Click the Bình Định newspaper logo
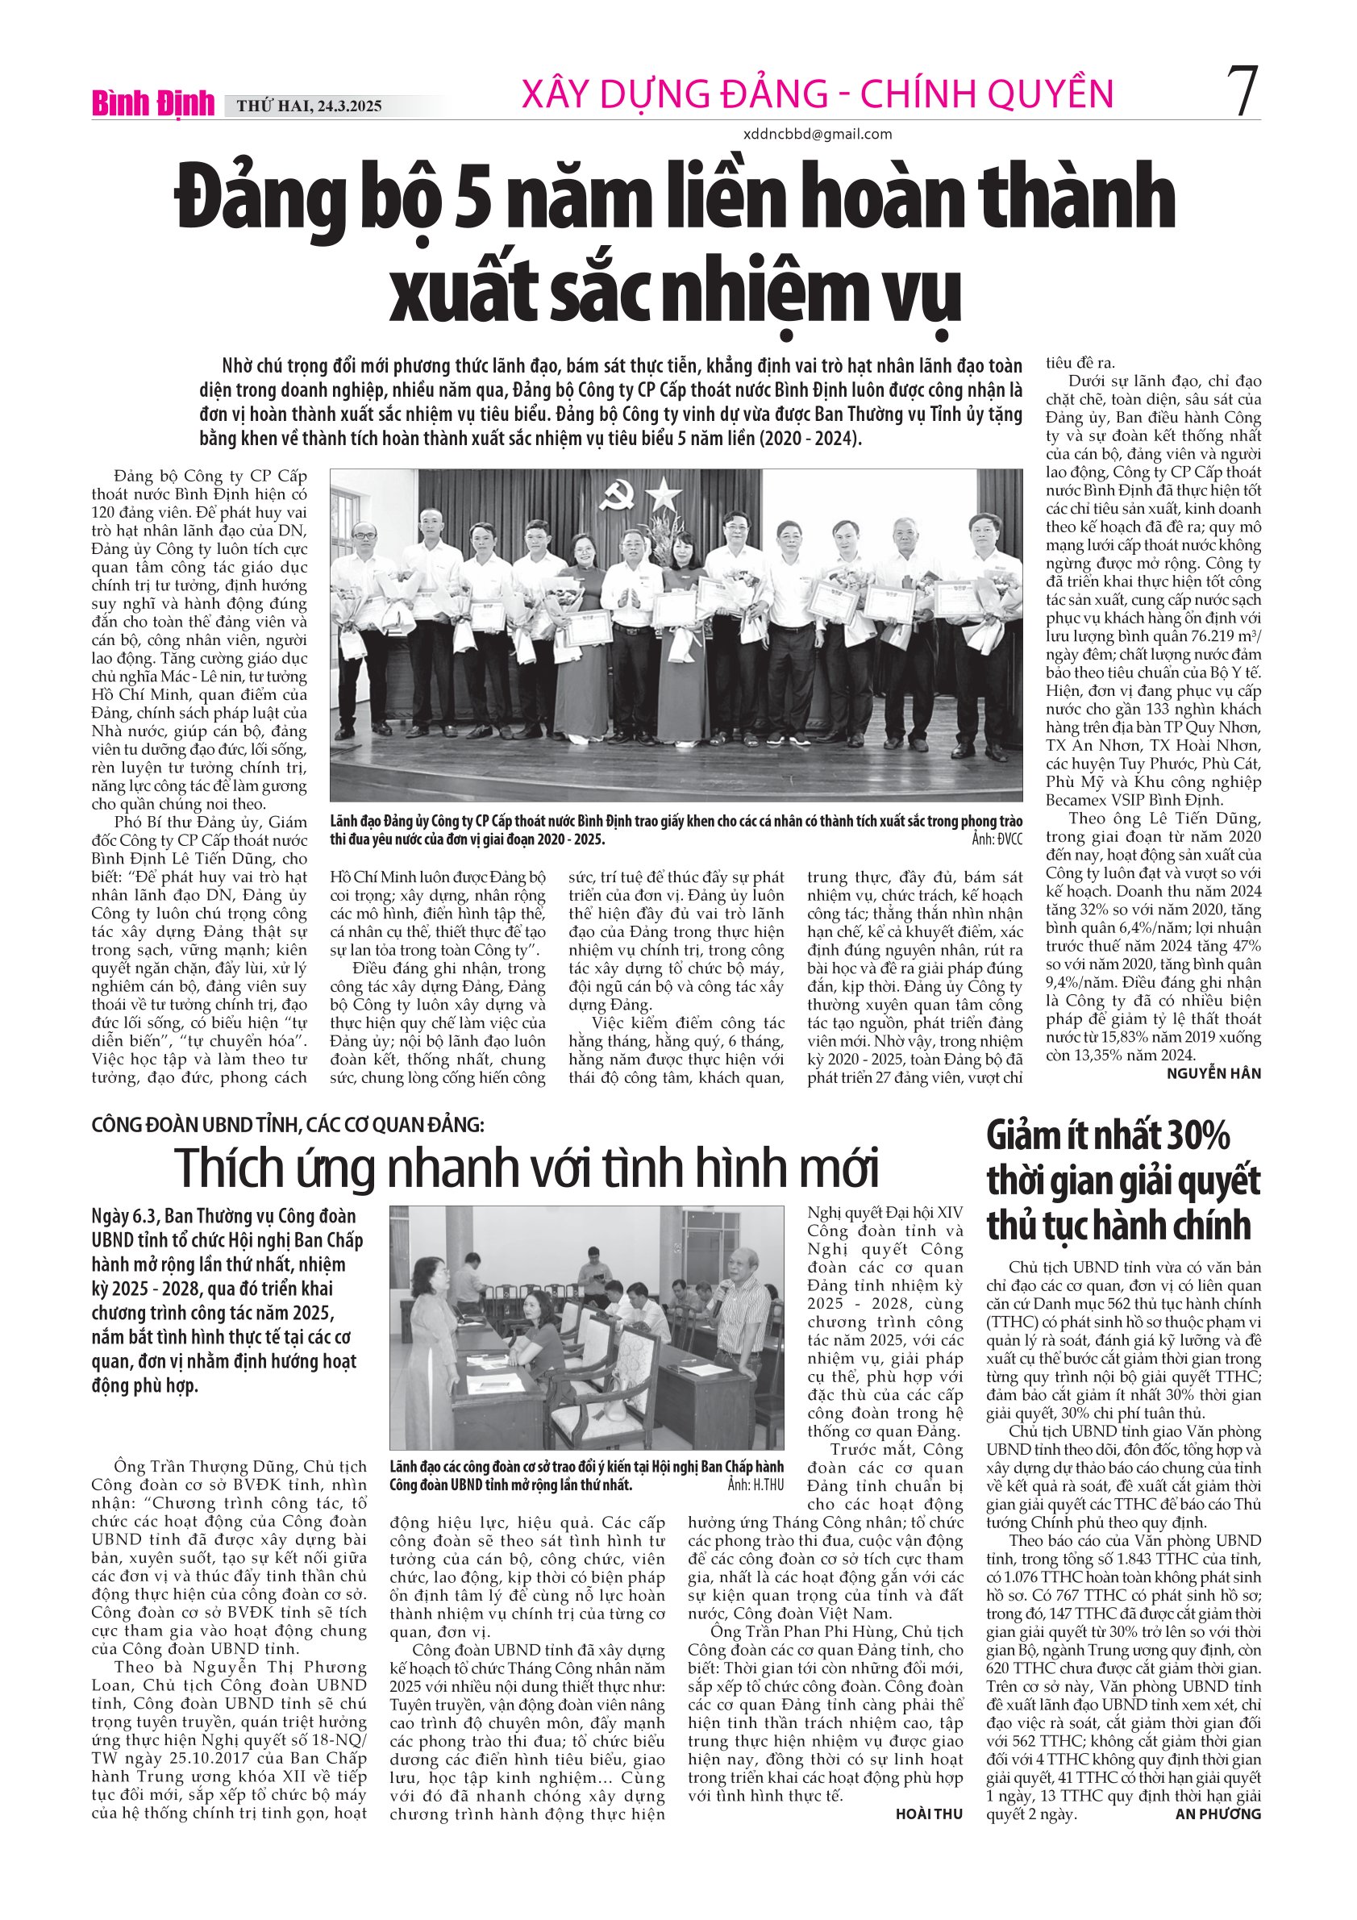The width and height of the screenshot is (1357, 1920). coord(153,104)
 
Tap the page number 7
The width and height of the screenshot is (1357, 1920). coord(1241,92)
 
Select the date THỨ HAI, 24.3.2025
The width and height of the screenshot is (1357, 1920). coord(310,106)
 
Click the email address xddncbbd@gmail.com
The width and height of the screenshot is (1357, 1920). coord(817,134)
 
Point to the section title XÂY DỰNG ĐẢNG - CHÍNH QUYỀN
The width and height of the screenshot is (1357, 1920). coord(817,94)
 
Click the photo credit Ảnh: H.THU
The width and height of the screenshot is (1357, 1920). coord(755,1485)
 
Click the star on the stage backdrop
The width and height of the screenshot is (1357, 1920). coord(664,496)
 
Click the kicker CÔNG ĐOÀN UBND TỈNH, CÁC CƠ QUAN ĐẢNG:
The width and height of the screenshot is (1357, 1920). coord(288,1125)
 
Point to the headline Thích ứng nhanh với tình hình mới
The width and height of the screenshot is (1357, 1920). coord(527,1168)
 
